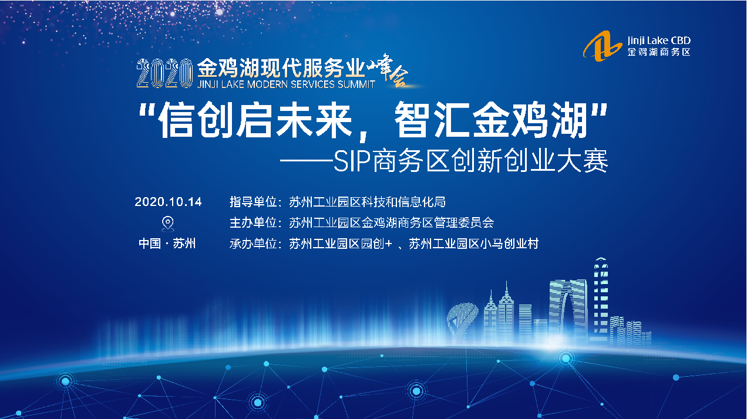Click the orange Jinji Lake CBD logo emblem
tap(603, 46)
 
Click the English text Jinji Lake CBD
tap(659, 40)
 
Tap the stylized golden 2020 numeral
tap(164, 73)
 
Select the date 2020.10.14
tap(168, 202)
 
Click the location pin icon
tap(168, 224)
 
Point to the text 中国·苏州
tap(167, 244)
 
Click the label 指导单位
tap(253, 202)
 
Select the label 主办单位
tap(253, 222)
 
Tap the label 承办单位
tap(253, 244)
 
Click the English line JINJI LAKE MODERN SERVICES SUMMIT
tap(286, 84)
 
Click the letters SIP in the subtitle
tap(352, 161)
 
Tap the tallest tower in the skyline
tap(601, 298)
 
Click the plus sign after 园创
tap(388, 244)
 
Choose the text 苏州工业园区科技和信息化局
tap(367, 202)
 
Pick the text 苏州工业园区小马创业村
tap(473, 244)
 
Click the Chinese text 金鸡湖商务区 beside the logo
tap(659, 52)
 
